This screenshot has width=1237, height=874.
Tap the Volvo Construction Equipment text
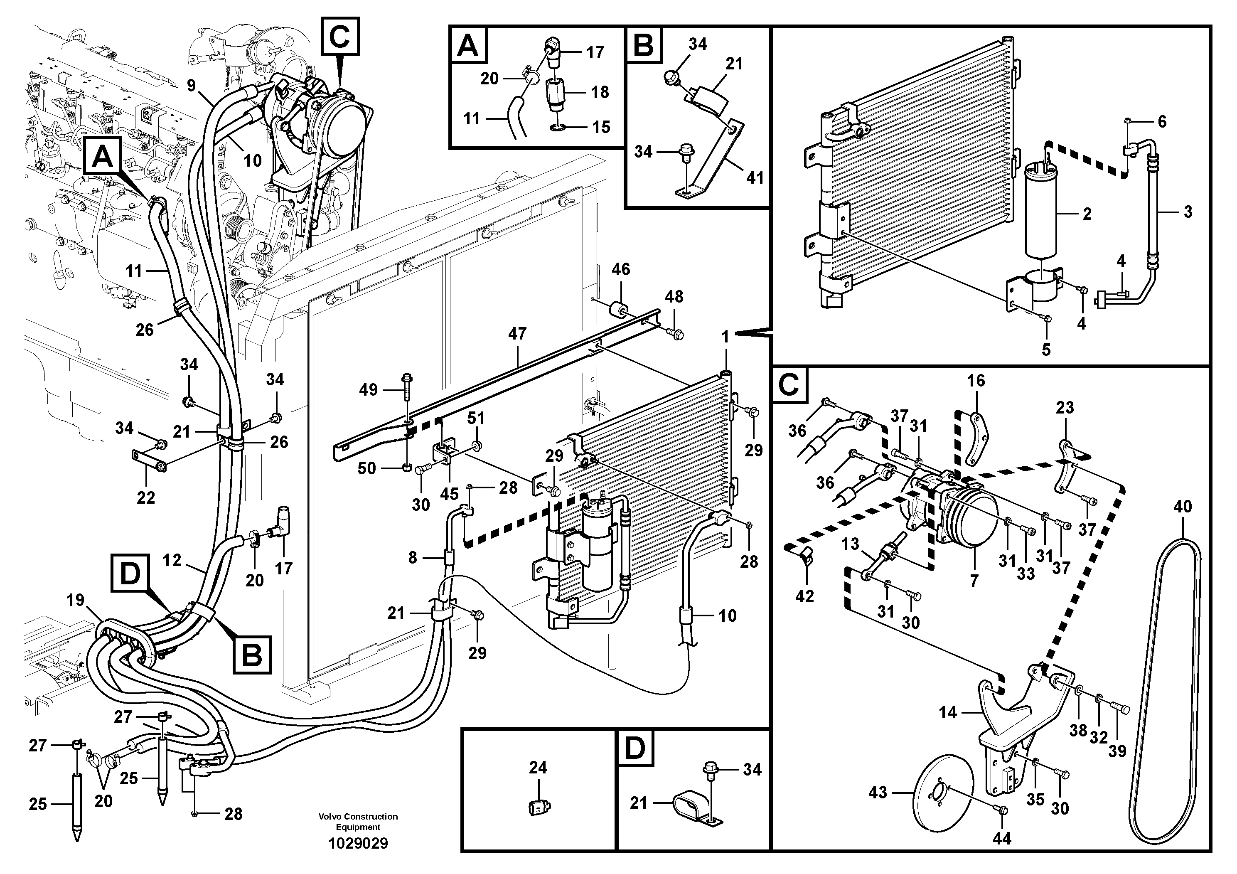358,821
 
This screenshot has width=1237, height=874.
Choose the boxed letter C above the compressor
339,36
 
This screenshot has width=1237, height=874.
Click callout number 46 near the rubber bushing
621,269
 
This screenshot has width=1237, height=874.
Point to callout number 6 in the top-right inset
1162,122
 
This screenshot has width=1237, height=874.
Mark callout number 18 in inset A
600,92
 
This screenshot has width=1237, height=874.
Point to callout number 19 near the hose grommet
76,600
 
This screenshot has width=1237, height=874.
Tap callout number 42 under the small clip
804,596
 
